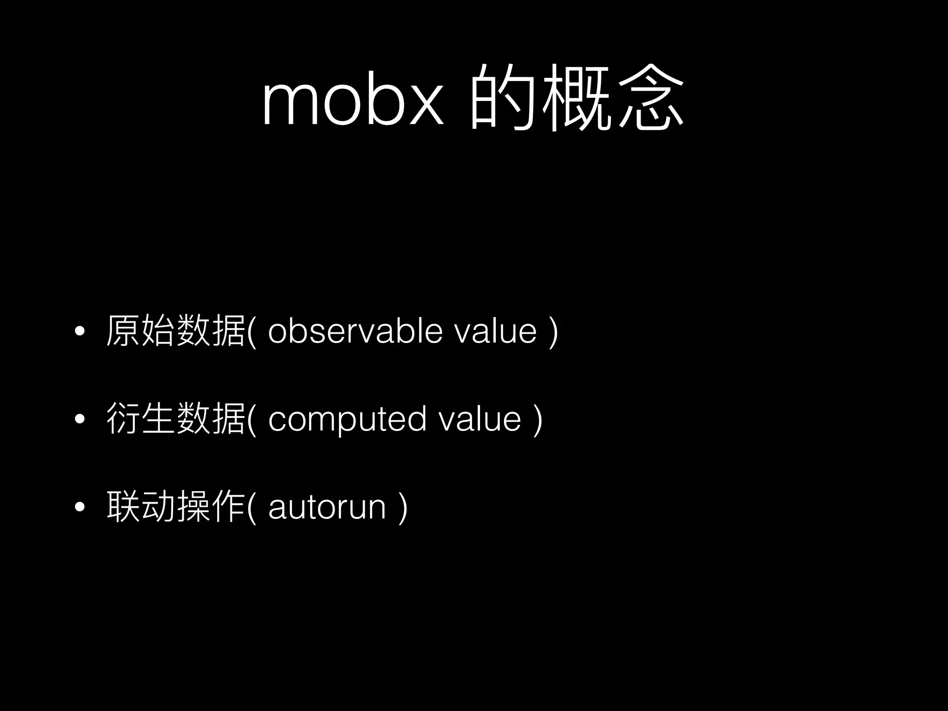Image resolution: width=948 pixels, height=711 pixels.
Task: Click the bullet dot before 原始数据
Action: click(x=80, y=331)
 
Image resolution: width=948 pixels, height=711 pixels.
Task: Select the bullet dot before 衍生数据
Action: click(x=80, y=419)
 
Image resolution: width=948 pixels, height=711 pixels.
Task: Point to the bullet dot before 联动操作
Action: click(x=80, y=507)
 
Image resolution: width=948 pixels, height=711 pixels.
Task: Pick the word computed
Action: click(x=347, y=419)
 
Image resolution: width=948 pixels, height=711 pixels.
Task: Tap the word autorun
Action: click(x=327, y=507)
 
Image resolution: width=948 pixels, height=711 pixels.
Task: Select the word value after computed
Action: click(x=480, y=419)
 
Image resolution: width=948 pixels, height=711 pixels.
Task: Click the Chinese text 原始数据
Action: click(x=175, y=331)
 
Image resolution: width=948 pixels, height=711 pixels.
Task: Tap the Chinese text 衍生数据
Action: click(x=175, y=419)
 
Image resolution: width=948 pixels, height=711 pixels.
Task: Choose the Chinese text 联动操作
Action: click(x=175, y=507)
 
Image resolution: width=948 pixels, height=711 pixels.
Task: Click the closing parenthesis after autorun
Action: click(x=403, y=508)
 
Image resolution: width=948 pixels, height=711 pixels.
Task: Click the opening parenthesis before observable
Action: click(x=251, y=331)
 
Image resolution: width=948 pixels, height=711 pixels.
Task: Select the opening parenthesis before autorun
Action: click(x=251, y=508)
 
